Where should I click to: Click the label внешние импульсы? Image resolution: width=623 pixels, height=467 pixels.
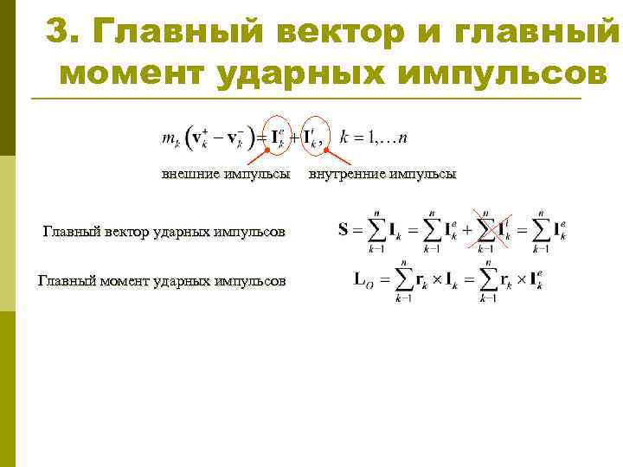pos(226,174)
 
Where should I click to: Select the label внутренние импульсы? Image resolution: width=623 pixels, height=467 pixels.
pos(382,174)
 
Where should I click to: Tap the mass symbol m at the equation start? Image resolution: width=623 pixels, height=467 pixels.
pos(167,138)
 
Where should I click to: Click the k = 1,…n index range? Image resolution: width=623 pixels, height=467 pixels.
pos(375,138)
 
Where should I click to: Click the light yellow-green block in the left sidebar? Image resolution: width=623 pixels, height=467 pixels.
pos(8,233)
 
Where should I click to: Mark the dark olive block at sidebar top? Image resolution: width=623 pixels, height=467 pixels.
pos(8,78)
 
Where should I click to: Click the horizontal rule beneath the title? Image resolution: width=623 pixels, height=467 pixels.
pos(303,99)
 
